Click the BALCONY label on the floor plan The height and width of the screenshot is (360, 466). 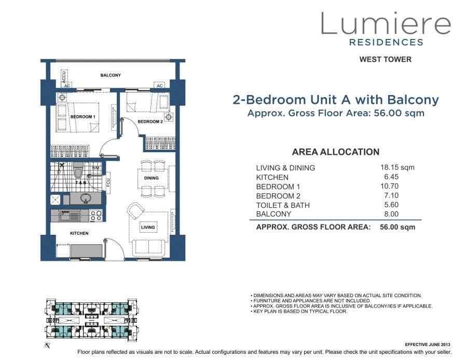click(111, 75)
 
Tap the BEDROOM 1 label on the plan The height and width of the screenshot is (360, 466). click(83, 117)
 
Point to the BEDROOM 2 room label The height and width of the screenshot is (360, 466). click(150, 122)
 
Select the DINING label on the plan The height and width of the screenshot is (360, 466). click(152, 178)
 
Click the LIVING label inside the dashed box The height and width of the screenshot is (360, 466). click(148, 228)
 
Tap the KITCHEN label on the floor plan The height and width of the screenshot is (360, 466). click(79, 233)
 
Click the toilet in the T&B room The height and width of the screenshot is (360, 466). click(78, 171)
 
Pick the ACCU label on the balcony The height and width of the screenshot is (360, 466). click(64, 76)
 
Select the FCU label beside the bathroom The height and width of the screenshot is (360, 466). click(108, 182)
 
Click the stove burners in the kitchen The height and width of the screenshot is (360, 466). click(97, 216)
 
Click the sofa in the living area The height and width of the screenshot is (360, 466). click(148, 247)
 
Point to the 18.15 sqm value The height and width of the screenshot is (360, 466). click(398, 167)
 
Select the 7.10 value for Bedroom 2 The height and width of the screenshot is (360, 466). click(391, 195)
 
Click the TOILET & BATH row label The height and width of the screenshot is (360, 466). click(283, 205)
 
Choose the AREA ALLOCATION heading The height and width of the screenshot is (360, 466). click(336, 152)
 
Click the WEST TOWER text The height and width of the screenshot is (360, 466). click(386, 60)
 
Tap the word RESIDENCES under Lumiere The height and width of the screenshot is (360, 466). click(387, 42)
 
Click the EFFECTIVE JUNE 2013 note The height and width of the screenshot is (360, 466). click(428, 344)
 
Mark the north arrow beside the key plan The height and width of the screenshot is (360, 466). click(47, 345)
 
